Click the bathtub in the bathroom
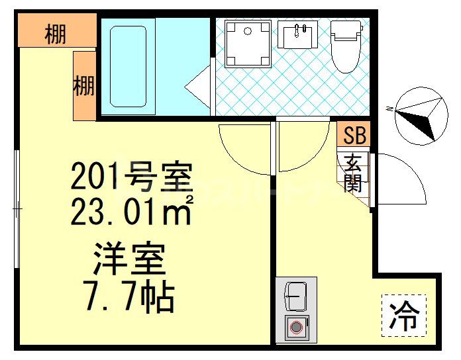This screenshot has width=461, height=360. pyautogui.click(x=128, y=66)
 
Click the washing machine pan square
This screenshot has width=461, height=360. pyautogui.click(x=248, y=44)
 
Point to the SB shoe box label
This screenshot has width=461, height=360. pyautogui.click(x=354, y=136)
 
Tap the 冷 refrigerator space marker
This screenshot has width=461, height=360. pyautogui.click(x=403, y=316)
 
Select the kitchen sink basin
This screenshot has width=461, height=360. pyautogui.click(x=295, y=296)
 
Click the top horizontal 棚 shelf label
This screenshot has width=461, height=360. pyautogui.click(x=56, y=32)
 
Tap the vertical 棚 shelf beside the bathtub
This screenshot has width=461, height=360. pyautogui.click(x=84, y=86)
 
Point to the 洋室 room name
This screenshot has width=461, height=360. pyautogui.click(x=129, y=259)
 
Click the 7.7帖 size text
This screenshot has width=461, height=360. pyautogui.click(x=129, y=298)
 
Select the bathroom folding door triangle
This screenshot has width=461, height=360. pyautogui.click(x=197, y=86)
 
